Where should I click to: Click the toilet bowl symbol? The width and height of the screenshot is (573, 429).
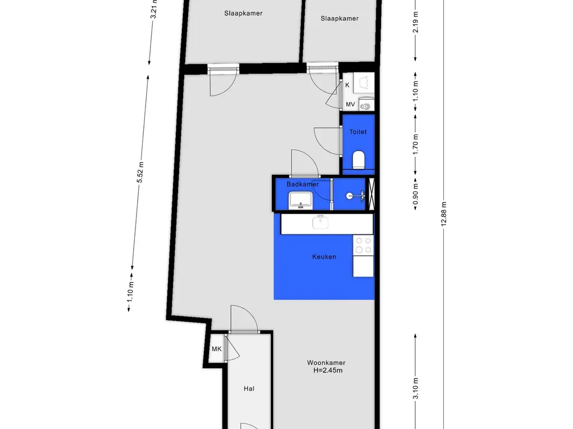click(359, 160)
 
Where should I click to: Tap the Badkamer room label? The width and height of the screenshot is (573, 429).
click(303, 184)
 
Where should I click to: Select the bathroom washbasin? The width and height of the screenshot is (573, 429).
click(300, 201)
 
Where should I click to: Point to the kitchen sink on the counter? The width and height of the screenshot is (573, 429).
click(321, 222)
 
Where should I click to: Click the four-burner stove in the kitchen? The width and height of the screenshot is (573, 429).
click(363, 246)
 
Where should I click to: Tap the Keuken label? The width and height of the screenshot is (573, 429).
click(324, 257)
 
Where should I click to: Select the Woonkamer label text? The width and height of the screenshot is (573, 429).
click(326, 363)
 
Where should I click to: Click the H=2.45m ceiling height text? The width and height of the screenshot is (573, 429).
click(328, 371)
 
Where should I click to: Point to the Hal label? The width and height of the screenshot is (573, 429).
click(249, 389)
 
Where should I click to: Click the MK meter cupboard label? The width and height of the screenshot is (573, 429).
click(217, 349)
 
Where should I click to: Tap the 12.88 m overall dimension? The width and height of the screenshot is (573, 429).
click(444, 214)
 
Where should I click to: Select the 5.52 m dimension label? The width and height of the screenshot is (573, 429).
click(140, 173)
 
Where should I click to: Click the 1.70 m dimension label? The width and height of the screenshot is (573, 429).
click(416, 144)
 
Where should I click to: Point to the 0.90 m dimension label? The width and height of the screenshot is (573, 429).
click(416, 194)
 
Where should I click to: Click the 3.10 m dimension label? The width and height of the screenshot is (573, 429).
click(416, 389)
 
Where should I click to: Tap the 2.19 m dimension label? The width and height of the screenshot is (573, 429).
click(416, 22)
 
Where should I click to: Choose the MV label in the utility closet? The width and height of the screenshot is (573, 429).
click(350, 104)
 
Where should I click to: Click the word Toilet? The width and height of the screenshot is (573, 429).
click(358, 132)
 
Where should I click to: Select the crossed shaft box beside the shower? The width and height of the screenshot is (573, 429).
click(372, 194)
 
